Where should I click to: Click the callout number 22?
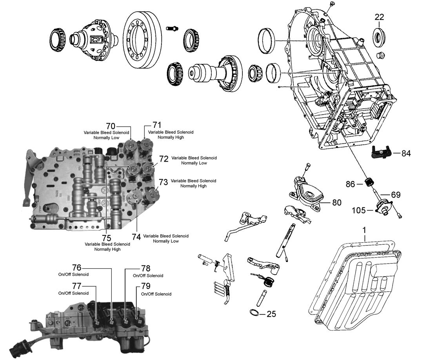pos(379,17)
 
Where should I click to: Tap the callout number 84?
pos(406,153)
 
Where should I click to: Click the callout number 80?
pos(336,203)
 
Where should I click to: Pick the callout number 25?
pos(271,314)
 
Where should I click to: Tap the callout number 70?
pos(111,126)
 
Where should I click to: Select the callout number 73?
pos(164,182)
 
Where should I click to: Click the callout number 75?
pos(106,238)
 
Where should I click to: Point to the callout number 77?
pos(76,286)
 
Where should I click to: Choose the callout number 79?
pos(145,287)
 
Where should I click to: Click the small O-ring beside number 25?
pos(254,312)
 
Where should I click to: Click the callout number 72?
pos(164,159)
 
